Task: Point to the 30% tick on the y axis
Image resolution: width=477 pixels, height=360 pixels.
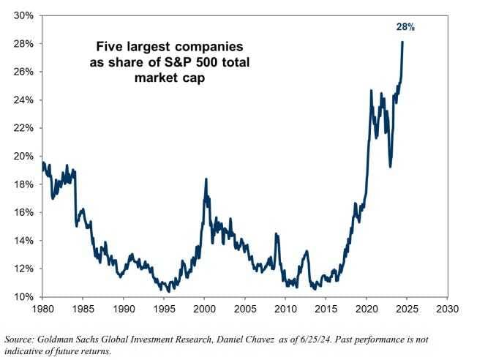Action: tap(24, 15)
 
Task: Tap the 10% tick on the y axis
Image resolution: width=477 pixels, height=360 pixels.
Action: tap(24, 296)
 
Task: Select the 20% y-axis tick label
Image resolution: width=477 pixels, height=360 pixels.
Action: tap(24, 156)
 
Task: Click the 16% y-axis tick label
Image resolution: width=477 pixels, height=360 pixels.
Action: tap(24, 212)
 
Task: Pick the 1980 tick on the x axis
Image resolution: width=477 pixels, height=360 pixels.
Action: tap(42, 310)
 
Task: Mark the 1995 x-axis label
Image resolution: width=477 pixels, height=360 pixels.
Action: tap(164, 310)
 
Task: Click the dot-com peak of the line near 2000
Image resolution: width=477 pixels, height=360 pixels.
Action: tap(206, 179)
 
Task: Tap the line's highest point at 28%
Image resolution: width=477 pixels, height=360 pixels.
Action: tap(402, 42)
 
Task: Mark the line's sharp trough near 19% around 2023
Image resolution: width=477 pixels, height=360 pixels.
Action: tap(390, 166)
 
